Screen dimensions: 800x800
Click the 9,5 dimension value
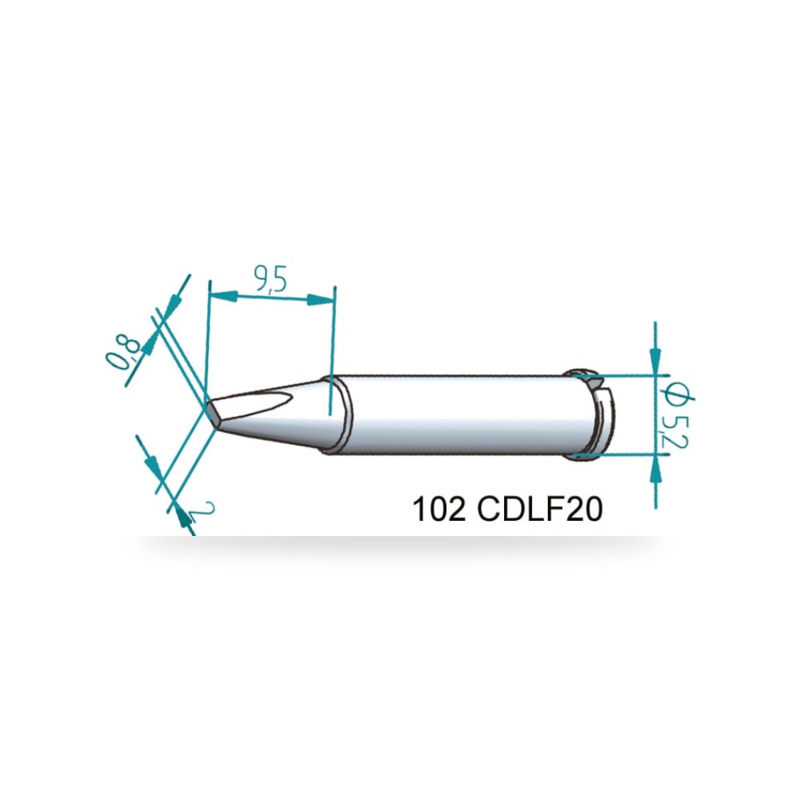(x=270, y=279)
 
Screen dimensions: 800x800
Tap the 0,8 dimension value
(x=123, y=351)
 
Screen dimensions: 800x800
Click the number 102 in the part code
(x=438, y=509)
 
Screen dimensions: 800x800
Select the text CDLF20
(x=540, y=509)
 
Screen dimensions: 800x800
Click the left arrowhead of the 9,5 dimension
(x=224, y=295)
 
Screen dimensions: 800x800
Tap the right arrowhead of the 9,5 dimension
(x=321, y=299)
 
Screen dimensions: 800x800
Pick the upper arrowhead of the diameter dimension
(x=656, y=361)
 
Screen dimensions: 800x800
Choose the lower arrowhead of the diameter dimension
(x=656, y=468)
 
